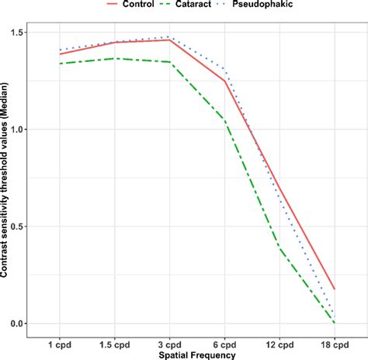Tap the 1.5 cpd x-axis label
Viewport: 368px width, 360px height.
tap(114, 343)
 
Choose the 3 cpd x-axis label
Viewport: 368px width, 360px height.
tap(169, 343)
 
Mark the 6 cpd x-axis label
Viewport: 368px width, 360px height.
tap(224, 343)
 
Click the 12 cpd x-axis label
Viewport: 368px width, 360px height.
tap(279, 343)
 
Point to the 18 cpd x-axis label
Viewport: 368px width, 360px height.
tap(335, 343)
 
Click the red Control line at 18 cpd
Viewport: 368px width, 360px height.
tap(335, 289)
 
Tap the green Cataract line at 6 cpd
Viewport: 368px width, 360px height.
tap(224, 119)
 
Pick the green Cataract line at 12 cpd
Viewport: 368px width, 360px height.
tap(279, 248)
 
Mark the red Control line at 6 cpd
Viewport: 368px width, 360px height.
tap(224, 81)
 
